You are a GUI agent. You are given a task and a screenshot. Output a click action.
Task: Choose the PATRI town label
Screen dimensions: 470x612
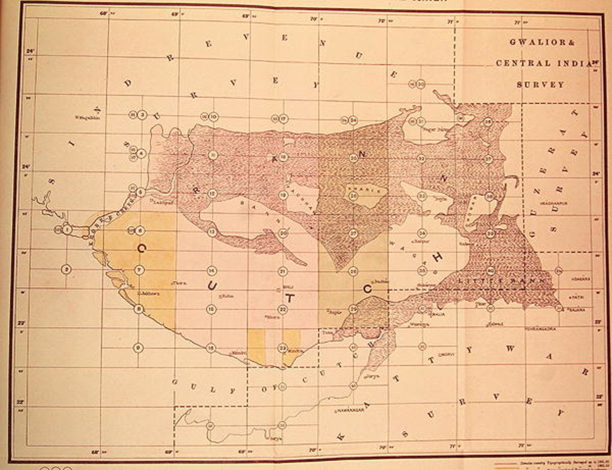pos(578,297)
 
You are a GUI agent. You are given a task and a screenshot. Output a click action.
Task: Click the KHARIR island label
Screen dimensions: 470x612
pos(357,188)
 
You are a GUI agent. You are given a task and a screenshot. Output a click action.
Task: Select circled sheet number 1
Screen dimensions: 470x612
pos(66,229)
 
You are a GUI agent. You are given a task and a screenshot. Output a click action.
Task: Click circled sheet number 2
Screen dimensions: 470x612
pos(66,269)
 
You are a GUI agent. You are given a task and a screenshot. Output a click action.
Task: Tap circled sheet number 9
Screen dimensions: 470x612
pos(138,348)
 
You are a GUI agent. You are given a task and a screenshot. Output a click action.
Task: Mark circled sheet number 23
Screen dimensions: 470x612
pos(282,348)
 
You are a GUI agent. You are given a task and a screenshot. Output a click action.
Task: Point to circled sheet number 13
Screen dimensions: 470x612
pos(212,232)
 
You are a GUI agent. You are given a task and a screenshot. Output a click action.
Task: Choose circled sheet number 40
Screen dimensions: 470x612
pos(490,271)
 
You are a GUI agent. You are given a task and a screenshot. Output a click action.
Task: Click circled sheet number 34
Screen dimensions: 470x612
pos(422,233)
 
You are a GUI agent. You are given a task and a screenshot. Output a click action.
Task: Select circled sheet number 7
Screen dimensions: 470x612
pos(139,270)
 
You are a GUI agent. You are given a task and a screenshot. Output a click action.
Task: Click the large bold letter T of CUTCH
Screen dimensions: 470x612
pos(289,297)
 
